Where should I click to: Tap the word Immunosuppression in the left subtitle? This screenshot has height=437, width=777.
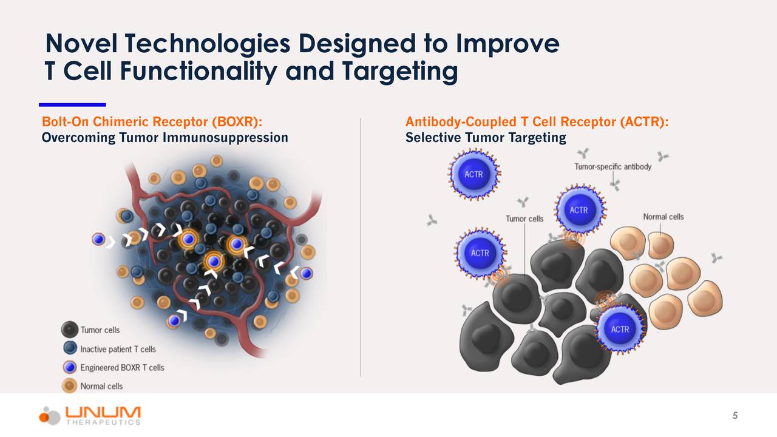coord(225,138)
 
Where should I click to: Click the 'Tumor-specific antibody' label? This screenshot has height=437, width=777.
coord(613,167)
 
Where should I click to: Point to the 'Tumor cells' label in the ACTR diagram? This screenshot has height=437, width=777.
coord(524,219)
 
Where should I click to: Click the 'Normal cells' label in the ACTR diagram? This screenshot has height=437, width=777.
coord(663,217)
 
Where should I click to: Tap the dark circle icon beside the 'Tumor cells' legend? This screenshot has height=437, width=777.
coord(69,330)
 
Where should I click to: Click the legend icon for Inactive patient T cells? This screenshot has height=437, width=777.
coord(70,348)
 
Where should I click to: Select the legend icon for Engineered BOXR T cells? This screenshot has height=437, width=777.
coord(70,367)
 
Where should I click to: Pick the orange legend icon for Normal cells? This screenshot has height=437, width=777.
coord(69,385)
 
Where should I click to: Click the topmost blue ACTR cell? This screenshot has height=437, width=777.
coord(473,174)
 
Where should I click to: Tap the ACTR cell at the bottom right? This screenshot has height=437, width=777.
coord(620,329)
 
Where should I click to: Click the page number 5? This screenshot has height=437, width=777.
coord(735,416)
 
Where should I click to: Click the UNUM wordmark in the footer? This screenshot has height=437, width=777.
coord(103,412)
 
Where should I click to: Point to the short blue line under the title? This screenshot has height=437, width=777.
coord(72,105)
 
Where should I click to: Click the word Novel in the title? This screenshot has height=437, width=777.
coord(82,44)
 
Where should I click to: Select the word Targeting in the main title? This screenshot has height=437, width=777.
coord(399,72)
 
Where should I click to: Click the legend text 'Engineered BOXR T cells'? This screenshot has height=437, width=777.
coord(122,368)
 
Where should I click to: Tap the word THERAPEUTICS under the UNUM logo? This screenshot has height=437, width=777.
coord(103,422)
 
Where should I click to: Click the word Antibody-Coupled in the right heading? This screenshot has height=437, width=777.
coord(461,122)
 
